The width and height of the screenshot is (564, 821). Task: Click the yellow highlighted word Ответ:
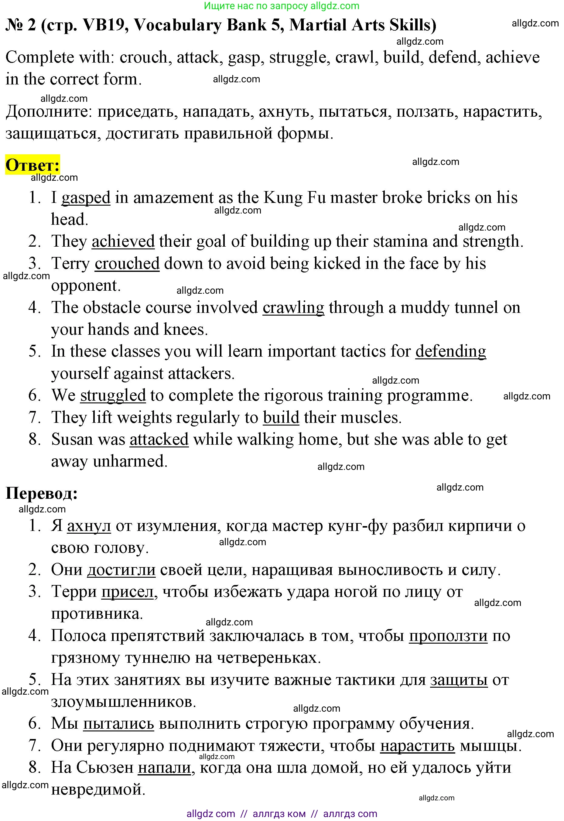(x=32, y=165)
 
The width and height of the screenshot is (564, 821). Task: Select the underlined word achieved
(x=123, y=241)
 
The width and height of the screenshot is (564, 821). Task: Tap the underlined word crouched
(x=127, y=264)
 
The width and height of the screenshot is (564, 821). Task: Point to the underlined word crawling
(x=293, y=307)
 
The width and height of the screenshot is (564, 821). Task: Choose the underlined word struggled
(x=113, y=395)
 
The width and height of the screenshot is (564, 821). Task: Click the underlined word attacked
(x=159, y=440)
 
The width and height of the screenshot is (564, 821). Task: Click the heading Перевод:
(x=42, y=493)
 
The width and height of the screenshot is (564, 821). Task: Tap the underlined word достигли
(x=121, y=570)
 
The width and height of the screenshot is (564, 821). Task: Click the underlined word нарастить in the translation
(x=417, y=746)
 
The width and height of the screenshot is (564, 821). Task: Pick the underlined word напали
(x=164, y=768)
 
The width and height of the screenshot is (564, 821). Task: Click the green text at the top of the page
(x=282, y=6)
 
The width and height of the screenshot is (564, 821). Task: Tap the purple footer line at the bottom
(x=282, y=814)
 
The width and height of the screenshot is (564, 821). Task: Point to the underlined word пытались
(x=118, y=724)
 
